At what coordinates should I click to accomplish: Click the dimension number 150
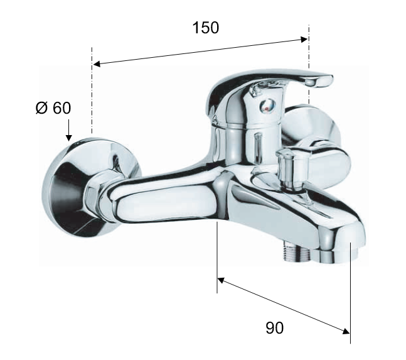pos(206,28)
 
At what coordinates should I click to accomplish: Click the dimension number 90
pos(274,327)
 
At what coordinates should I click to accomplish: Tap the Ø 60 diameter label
pos(53,108)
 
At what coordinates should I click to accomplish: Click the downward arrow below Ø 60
pos(68,130)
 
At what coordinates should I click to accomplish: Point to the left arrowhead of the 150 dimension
pos(97,63)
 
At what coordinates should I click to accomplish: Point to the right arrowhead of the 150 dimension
pos(304,39)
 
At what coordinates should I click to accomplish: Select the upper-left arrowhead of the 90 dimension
pos(221,280)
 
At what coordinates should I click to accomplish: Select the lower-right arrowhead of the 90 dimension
pos(346,331)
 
